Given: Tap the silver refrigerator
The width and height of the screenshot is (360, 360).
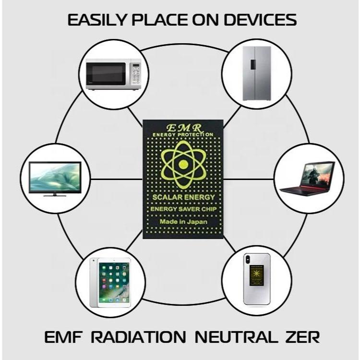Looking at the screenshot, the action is pos(257,73).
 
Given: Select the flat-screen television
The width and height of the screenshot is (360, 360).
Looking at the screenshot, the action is pos(55,178).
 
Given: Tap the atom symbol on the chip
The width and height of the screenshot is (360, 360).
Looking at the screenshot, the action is pos(182,164).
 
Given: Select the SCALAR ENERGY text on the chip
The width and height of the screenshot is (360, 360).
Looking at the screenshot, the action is pos(183,198).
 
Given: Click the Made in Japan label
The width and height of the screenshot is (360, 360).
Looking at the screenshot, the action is pos(183,222).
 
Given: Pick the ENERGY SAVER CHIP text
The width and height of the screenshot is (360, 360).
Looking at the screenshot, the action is pos(183,210).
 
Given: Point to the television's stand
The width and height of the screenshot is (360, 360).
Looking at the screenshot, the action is pos(54,194).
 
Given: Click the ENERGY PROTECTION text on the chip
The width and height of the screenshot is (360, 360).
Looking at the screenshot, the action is pos(182,135).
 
